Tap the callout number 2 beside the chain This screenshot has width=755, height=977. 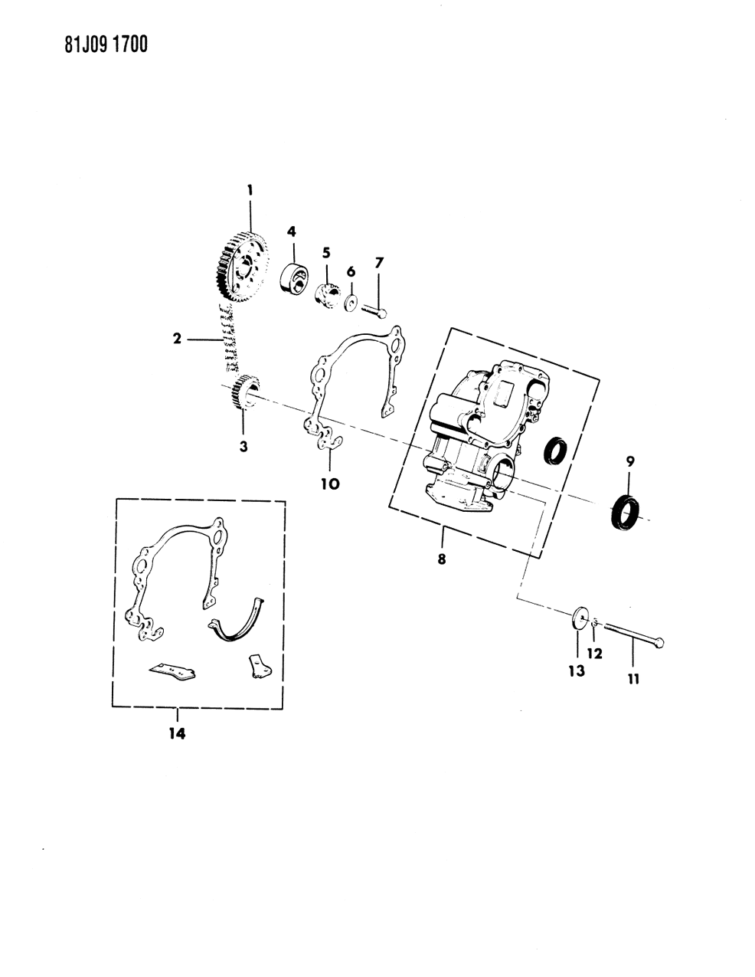177,338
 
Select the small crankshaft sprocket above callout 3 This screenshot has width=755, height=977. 245,394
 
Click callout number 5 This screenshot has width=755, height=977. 325,251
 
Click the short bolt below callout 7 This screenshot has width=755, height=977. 372,310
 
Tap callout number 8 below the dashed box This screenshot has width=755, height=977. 442,559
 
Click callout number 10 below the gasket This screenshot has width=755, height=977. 331,484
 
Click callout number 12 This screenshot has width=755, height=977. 594,654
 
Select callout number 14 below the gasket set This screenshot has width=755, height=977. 177,733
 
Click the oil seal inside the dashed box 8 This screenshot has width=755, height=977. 555,451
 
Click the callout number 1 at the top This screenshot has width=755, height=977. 248,189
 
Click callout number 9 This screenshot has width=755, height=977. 630,461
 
